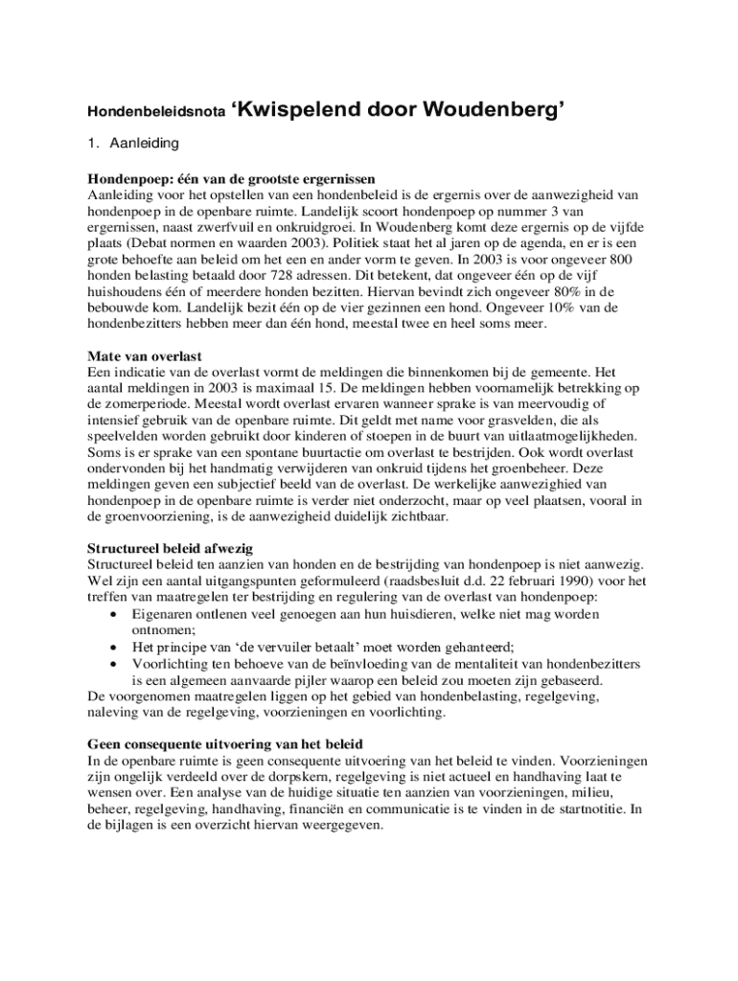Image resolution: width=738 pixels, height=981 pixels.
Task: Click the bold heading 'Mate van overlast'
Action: pyautogui.click(x=145, y=356)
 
